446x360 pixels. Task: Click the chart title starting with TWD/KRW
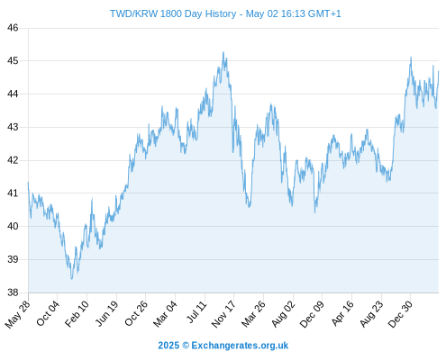point(225,13)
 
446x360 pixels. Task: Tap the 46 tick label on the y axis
point(13,28)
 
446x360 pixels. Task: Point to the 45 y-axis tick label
point(13,61)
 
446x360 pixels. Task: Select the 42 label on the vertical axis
point(13,160)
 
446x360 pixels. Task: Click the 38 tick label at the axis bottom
point(13,292)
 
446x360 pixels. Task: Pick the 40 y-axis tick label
point(13,226)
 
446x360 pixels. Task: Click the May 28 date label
point(17,314)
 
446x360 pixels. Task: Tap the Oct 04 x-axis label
point(48,313)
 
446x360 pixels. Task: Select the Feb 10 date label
point(77,313)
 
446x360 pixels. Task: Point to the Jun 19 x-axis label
point(106,313)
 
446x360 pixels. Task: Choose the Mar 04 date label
point(165,313)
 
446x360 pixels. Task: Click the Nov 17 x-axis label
point(223,314)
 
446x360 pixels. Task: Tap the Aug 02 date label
point(283,313)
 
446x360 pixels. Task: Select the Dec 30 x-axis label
point(400,314)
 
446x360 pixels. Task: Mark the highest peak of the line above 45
point(223,52)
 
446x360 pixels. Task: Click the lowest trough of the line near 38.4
point(71,279)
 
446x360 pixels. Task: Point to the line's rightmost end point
point(439,71)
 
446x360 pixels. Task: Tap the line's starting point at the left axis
point(28,182)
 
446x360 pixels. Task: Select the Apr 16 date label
point(342,313)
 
